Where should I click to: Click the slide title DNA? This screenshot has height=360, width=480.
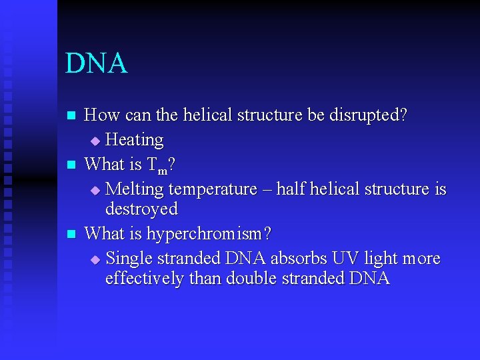[97, 63]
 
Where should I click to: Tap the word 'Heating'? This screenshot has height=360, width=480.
[135, 140]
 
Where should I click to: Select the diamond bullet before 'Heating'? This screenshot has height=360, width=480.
[95, 141]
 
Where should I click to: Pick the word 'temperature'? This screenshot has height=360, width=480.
[213, 189]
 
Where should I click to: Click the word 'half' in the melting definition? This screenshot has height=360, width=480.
[293, 189]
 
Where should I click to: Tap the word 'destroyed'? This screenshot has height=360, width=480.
[141, 209]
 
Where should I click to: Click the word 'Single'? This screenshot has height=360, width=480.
[130, 258]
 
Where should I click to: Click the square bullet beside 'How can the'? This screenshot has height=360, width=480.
[72, 116]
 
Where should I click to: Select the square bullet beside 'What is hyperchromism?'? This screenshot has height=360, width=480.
[72, 235]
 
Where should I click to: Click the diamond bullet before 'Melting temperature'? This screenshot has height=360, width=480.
[95, 191]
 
